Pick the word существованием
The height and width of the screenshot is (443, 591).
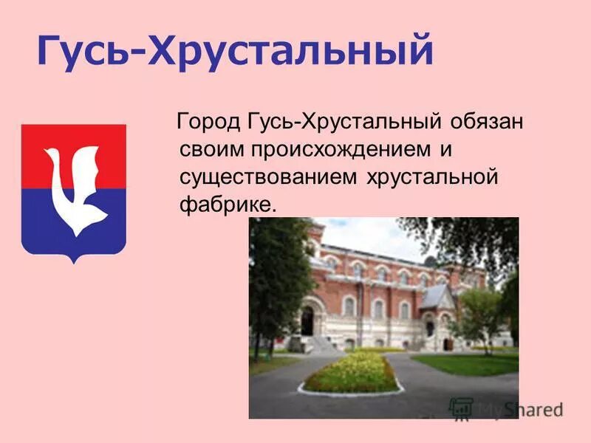click(267, 177)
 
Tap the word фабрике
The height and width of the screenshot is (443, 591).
click(228, 205)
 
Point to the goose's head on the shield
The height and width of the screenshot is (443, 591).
click(53, 157)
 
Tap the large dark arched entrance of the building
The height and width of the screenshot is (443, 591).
click(307, 320)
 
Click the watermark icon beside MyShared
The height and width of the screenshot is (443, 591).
click(461, 409)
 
